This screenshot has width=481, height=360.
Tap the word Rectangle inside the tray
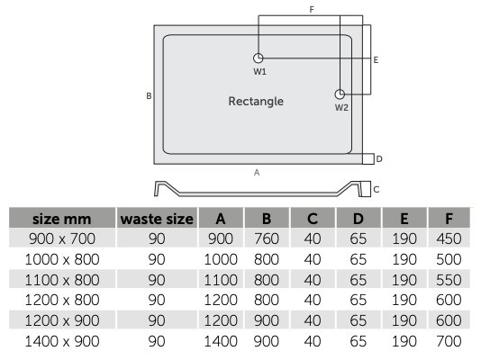point(256,102)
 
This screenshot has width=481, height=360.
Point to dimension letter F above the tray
point(312,10)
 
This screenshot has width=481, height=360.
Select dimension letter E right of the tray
point(376,59)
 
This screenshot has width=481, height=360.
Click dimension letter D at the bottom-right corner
point(379,159)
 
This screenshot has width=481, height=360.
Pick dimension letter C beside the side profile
point(377,189)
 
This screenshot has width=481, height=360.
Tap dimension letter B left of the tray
point(149,96)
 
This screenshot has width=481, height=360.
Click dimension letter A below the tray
point(257,173)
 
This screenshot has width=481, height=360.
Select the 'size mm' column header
point(61,219)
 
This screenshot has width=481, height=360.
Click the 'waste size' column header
point(157,219)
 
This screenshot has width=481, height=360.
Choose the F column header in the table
point(449,219)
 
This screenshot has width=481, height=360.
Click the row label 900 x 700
point(62,238)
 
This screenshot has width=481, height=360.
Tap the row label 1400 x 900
point(62,341)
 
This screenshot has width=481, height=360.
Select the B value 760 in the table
point(267,238)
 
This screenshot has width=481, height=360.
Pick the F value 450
point(449,238)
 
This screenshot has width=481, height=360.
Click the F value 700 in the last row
point(449,341)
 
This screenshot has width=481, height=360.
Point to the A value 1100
point(221,280)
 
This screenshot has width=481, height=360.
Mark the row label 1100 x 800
point(62,280)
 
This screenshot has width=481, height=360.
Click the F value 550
point(449,280)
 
